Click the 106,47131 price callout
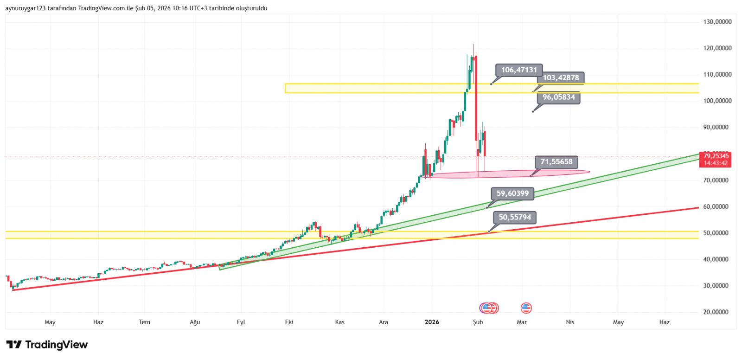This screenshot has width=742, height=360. click(x=519, y=70)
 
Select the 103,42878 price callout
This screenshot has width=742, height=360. click(x=561, y=78)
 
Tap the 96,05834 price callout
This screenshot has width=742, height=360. click(x=558, y=97)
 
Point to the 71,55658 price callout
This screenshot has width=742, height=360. click(x=556, y=162)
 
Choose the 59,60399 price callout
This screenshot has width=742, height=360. click(x=512, y=193)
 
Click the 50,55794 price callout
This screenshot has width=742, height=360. click(x=515, y=217)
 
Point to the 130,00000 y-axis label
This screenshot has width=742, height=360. click(x=717, y=22)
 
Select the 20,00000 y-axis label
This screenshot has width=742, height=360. click(x=717, y=312)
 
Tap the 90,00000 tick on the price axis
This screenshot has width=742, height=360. click(x=717, y=127)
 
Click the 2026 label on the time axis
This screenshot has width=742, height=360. click(x=432, y=322)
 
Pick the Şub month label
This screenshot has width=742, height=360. click(x=478, y=322)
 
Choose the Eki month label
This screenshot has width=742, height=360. click(x=289, y=322)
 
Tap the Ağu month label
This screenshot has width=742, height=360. click(x=195, y=322)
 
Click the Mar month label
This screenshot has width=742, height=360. click(x=522, y=322)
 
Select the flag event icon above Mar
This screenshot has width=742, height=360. click(x=526, y=308)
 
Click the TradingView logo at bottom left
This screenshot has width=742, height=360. click(x=47, y=345)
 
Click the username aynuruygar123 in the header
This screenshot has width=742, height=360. click(x=25, y=8)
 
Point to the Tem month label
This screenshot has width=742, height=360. click(x=145, y=322)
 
